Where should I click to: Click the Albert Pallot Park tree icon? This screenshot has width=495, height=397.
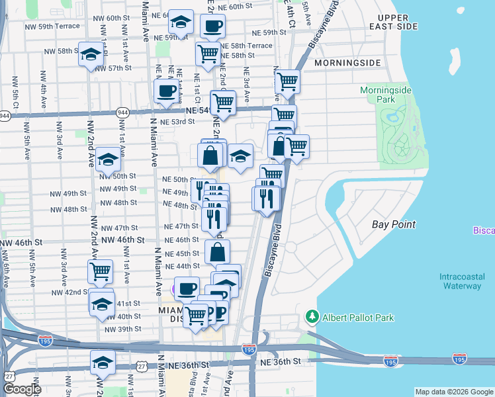tap(312, 318)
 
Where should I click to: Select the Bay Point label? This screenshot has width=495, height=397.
tap(393, 224)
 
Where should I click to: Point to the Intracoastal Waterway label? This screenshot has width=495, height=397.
tap(461, 281)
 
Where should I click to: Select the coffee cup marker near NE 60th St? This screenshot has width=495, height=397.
tap(212, 26)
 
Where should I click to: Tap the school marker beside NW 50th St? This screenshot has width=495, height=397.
tap(108, 159)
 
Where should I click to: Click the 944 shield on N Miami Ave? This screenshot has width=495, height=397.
tap(123, 113)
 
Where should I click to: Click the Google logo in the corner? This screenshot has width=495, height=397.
tap(22, 389)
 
